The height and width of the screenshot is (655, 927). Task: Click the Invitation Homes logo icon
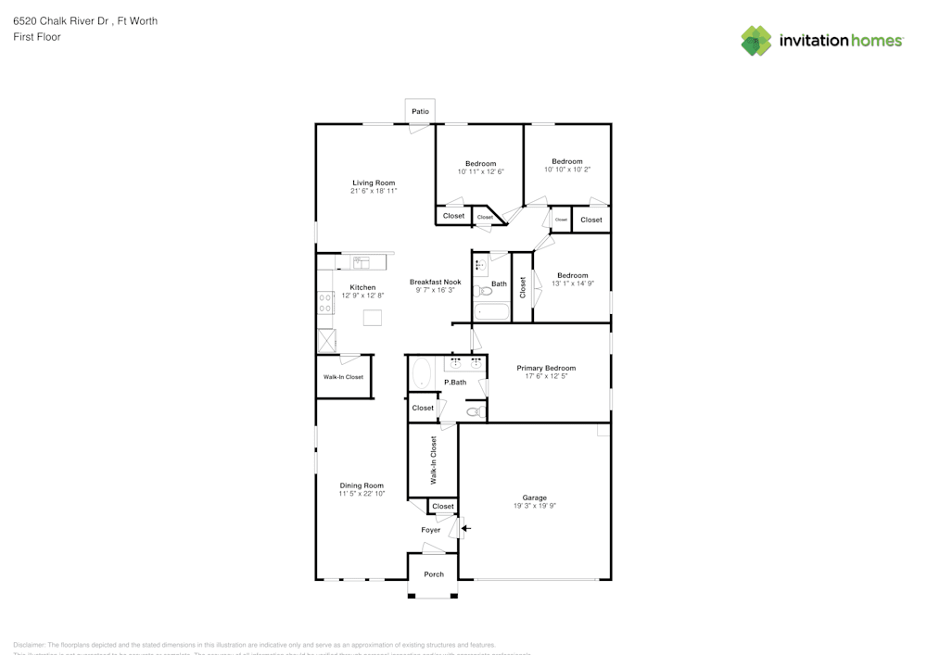(x=756, y=41)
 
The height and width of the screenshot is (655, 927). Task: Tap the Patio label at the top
(x=421, y=111)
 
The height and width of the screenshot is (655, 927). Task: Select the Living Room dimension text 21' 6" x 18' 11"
(x=374, y=191)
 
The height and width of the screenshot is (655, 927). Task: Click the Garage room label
(x=534, y=498)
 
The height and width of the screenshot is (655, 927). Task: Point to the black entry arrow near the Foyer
(x=466, y=529)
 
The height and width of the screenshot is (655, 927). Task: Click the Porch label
(x=434, y=574)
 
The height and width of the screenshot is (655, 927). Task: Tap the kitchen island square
(x=373, y=318)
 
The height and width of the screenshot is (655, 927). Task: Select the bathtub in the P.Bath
(x=421, y=373)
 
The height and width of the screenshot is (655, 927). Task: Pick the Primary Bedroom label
(x=546, y=368)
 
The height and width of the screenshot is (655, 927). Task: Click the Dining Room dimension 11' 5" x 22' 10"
(x=362, y=494)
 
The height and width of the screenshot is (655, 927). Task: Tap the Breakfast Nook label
(x=435, y=282)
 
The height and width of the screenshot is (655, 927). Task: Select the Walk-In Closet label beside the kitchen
(x=343, y=377)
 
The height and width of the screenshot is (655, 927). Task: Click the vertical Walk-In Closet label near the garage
(x=433, y=460)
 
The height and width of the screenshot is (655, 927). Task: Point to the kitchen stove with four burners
(x=325, y=302)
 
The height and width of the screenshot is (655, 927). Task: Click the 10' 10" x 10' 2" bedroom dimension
(x=567, y=170)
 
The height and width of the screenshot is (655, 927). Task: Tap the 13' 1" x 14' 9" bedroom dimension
(x=573, y=283)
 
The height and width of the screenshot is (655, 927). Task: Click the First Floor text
(x=37, y=37)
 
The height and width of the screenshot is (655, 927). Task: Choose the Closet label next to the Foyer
(x=443, y=506)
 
